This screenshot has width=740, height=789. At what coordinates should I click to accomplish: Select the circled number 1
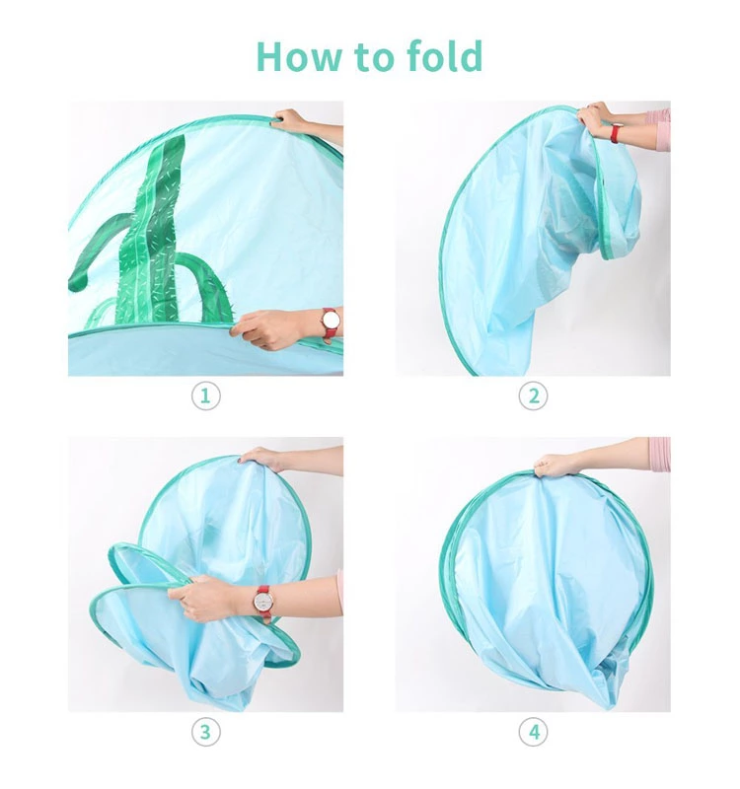206,396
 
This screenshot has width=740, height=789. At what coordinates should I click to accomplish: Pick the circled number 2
533,396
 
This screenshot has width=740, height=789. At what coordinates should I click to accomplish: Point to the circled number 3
206,732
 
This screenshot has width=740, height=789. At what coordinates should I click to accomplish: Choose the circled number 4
533,732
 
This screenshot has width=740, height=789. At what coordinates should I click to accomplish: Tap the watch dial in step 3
263,602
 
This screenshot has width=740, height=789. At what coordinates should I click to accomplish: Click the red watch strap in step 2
615,134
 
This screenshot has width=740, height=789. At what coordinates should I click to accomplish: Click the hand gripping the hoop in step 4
557,465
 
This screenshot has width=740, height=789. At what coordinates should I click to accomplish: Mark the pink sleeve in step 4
659,454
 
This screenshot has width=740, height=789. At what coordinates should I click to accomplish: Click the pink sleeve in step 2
658,129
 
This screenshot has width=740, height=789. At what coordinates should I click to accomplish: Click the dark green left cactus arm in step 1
98,251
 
